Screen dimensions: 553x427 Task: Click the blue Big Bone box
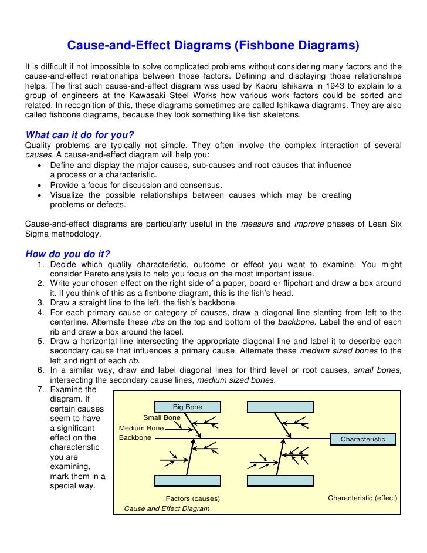[x=187, y=406]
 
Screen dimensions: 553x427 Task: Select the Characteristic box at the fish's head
[x=362, y=439]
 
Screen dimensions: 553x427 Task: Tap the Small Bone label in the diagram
[x=162, y=417]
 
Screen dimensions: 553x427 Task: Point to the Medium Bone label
[x=141, y=428]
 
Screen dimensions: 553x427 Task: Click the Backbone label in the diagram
[x=135, y=438]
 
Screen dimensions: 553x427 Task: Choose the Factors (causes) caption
[x=192, y=498]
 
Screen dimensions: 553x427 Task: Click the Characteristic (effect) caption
[x=362, y=498]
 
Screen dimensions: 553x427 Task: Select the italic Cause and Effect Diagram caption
[x=167, y=508]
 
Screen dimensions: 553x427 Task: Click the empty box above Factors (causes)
[x=187, y=480]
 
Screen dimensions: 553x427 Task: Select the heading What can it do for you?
[x=76, y=134]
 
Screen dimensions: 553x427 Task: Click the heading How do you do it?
[x=68, y=254]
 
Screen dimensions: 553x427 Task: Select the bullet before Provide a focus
[x=39, y=186]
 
